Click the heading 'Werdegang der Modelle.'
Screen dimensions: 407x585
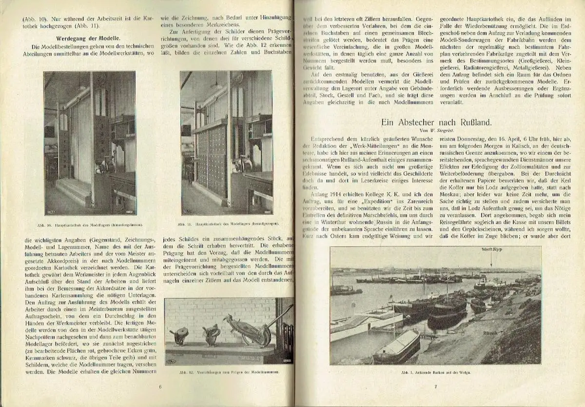[89, 37]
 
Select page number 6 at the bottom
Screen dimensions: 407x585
[159, 387]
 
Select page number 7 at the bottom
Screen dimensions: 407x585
[436, 387]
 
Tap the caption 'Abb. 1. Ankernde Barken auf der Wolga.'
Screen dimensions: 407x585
[435, 371]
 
